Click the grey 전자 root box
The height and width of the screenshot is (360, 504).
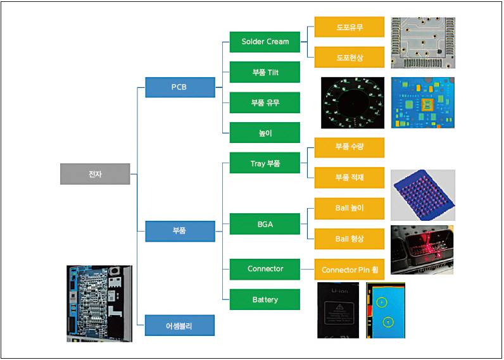tap(95, 174)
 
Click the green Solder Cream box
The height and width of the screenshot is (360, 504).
tap(265, 42)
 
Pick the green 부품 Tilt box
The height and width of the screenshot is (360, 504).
tap(265, 72)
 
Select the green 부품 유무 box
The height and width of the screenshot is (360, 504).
tap(265, 102)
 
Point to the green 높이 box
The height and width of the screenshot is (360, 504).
tap(265, 133)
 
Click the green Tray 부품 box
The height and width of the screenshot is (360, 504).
tap(265, 163)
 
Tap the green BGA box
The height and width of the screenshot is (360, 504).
tap(265, 224)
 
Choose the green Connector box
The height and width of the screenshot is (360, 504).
tap(265, 269)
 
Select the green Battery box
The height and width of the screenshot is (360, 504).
tap(265, 299)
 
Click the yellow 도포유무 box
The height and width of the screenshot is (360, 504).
tap(350, 27)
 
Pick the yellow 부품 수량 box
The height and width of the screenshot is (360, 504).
tap(350, 147)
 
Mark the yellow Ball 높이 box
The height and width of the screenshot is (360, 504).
tap(350, 208)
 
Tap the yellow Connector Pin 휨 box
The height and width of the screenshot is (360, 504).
tap(350, 270)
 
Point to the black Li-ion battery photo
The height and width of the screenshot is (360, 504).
tap(338, 310)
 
